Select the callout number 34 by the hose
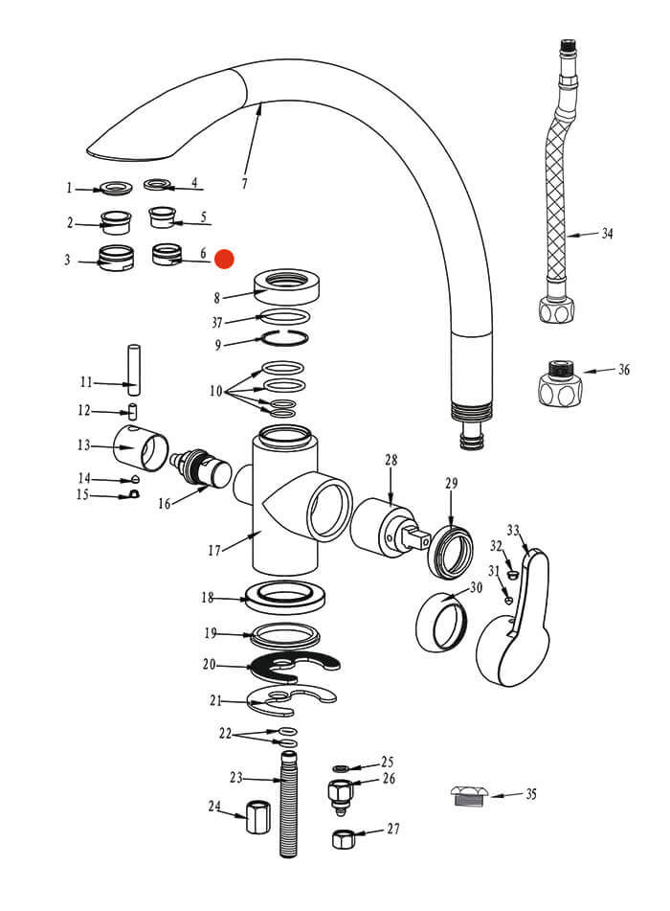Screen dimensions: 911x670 point(607,233)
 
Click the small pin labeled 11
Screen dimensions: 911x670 point(134,369)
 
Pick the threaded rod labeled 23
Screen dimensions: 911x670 point(288,805)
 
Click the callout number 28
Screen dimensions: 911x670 point(391,461)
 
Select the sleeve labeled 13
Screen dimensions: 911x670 point(139,445)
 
